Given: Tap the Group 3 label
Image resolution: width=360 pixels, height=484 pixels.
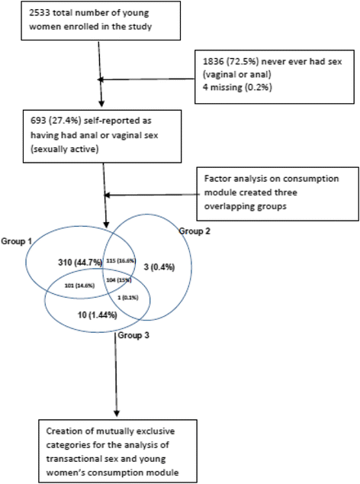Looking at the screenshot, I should tap(134, 335).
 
